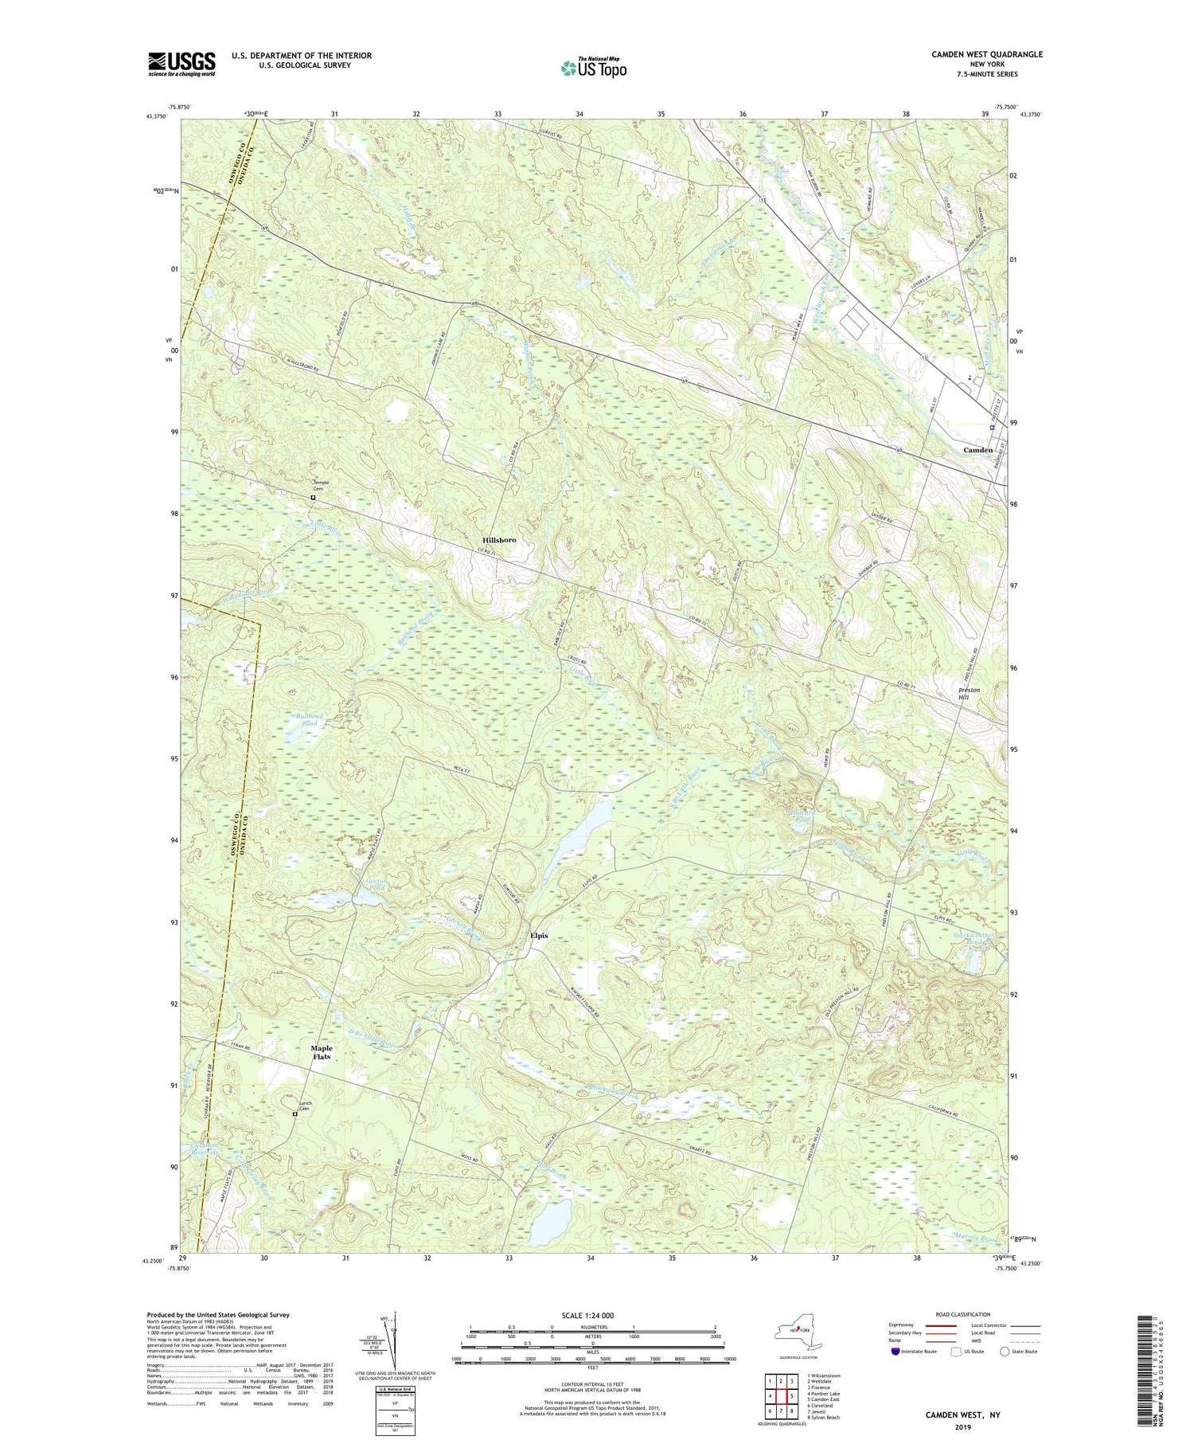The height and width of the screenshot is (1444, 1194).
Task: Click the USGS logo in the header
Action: click(181, 64)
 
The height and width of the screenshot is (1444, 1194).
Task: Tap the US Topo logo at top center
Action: click(593, 68)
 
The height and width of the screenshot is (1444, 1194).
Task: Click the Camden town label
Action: click(977, 450)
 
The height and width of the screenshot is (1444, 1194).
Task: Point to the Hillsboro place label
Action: click(499, 540)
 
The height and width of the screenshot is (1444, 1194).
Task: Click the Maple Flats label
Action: click(322, 1052)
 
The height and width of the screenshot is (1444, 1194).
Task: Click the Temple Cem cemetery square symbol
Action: click(313, 498)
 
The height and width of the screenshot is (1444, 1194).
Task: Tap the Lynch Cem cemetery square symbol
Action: click(295, 1114)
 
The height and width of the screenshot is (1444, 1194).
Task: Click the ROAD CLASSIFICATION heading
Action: click(963, 1314)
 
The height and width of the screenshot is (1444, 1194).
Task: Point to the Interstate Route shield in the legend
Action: click(896, 1352)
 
